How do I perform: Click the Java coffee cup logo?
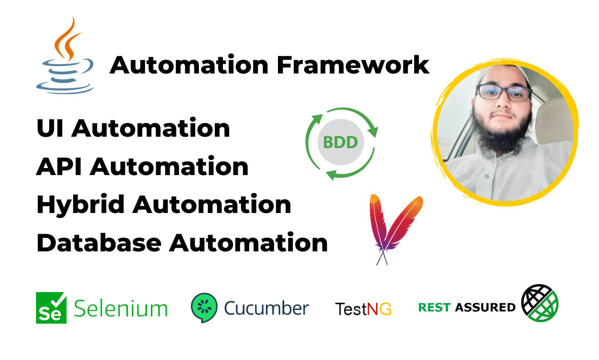(x=65, y=56)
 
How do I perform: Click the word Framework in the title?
(x=353, y=65)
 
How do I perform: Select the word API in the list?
(x=59, y=167)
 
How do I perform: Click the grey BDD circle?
(x=341, y=142)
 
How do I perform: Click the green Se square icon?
(x=51, y=308)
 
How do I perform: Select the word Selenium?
(x=121, y=308)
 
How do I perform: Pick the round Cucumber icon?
(x=204, y=307)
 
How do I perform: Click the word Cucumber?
(x=266, y=308)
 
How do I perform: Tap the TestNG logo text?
(x=363, y=309)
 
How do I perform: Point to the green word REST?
(x=434, y=308)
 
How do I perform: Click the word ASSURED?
(x=485, y=308)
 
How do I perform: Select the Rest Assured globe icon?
(x=540, y=302)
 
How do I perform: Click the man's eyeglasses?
(x=504, y=92)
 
